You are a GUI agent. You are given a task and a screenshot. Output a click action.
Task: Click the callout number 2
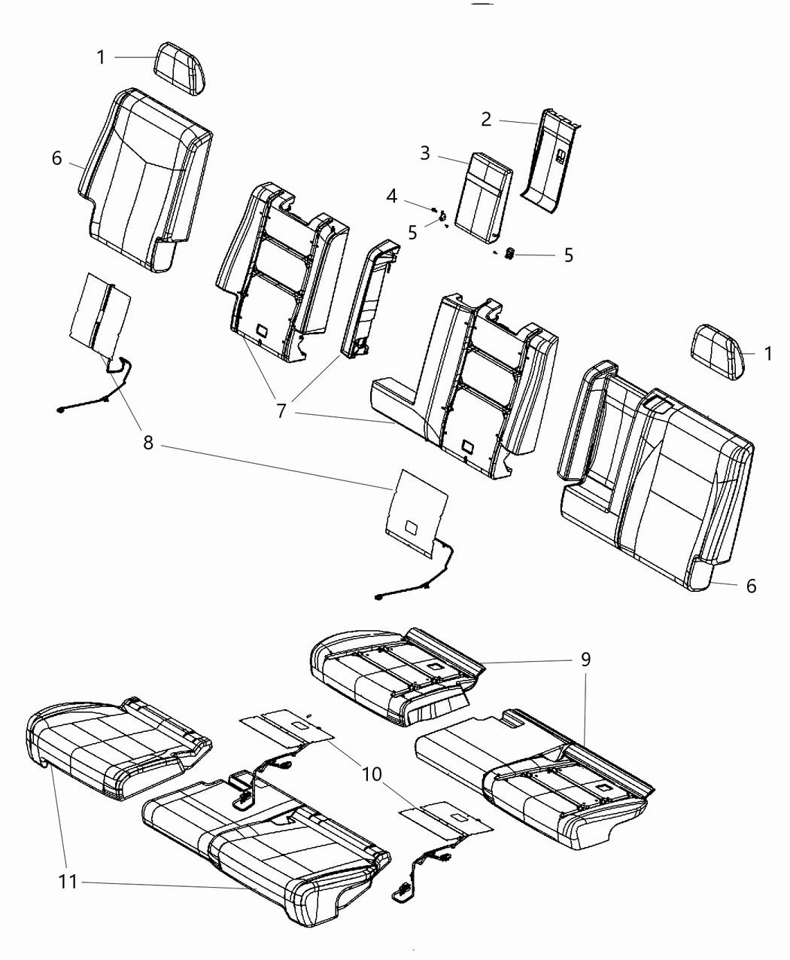point(487,119)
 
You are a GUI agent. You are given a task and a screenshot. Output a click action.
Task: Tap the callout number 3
point(426,154)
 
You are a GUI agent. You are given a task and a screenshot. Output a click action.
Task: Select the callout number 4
point(392,197)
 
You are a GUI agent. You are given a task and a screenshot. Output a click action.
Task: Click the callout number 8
point(148,443)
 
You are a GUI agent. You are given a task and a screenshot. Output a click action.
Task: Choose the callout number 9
point(585,660)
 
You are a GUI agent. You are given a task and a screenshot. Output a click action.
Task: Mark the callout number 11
point(68,882)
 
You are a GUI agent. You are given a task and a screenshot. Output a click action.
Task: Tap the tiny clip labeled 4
point(436,209)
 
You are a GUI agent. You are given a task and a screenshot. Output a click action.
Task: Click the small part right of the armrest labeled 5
point(509,254)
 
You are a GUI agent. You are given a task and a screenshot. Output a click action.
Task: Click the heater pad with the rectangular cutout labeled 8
point(414,512)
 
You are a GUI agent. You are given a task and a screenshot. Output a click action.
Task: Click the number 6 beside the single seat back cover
point(57,160)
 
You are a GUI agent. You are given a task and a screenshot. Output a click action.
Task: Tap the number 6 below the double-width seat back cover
point(750,585)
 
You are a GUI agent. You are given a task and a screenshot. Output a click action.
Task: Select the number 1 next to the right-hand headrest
point(767,353)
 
